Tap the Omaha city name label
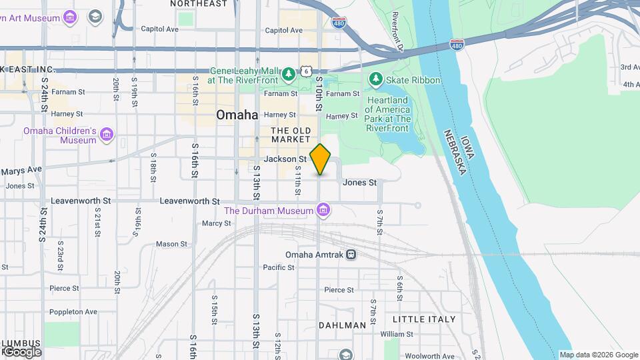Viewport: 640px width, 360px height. [x=237, y=115]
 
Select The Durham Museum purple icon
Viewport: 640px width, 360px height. [x=323, y=211]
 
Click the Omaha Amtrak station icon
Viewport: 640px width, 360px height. [x=351, y=255]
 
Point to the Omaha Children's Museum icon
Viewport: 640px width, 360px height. [x=107, y=136]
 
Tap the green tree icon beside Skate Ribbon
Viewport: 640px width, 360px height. [x=376, y=80]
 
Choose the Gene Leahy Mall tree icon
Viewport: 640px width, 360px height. [x=289, y=73]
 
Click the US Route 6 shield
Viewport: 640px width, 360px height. [x=305, y=71]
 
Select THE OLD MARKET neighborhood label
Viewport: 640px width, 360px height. [x=291, y=135]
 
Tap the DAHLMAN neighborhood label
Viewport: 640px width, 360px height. [x=342, y=325]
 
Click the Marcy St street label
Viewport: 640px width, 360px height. [x=216, y=223]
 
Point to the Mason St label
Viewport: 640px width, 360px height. [x=171, y=245]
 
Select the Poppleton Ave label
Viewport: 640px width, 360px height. [x=73, y=311]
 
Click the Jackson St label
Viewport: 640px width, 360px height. [x=285, y=159]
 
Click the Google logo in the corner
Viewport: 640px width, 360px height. [x=21, y=351]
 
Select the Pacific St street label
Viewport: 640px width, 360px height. [x=279, y=267]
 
